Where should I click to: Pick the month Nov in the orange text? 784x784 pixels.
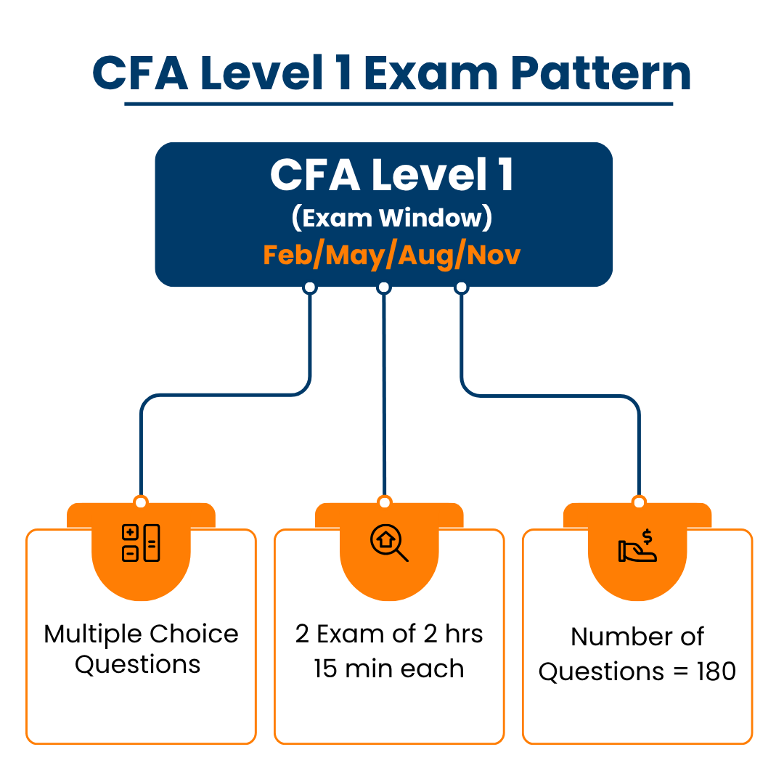[493, 255]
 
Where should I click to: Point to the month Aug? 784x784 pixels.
[425, 255]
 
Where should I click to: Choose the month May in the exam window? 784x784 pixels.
[356, 255]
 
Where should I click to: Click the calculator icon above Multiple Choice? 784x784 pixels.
[141, 543]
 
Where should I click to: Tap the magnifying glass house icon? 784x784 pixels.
[389, 543]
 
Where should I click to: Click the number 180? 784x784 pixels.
[716, 671]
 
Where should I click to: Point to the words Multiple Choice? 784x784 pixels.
[141, 634]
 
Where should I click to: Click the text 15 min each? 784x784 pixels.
[389, 669]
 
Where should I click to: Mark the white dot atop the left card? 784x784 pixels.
[141, 502]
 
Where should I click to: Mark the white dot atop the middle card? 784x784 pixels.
[385, 502]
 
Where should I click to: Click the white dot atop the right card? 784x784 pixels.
[639, 502]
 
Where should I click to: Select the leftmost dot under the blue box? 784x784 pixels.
[310, 287]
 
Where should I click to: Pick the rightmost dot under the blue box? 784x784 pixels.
[461, 287]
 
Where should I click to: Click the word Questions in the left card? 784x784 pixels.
[138, 664]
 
